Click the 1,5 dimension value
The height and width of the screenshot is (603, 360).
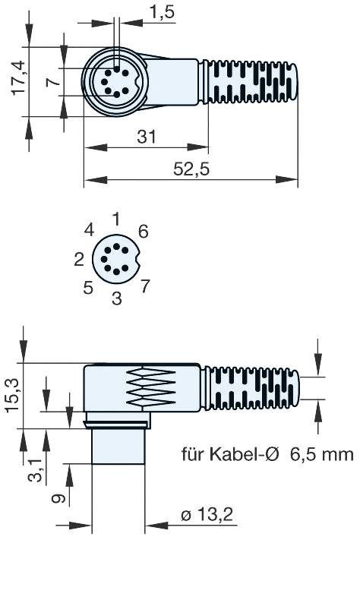[x=161, y=12]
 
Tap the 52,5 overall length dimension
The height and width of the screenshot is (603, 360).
[x=191, y=170]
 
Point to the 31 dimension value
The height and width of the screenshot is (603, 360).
[x=147, y=137]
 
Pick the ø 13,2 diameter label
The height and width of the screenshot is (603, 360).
[x=206, y=516]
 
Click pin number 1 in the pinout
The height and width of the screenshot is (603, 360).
[x=115, y=219]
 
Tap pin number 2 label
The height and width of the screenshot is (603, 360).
[x=79, y=260]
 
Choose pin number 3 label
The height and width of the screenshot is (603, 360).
[x=116, y=298]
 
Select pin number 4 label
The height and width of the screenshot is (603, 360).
[x=89, y=230]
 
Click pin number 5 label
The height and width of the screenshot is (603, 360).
[x=88, y=288]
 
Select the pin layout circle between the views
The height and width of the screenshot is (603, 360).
[x=116, y=259]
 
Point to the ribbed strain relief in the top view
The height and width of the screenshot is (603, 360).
[x=251, y=82]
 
